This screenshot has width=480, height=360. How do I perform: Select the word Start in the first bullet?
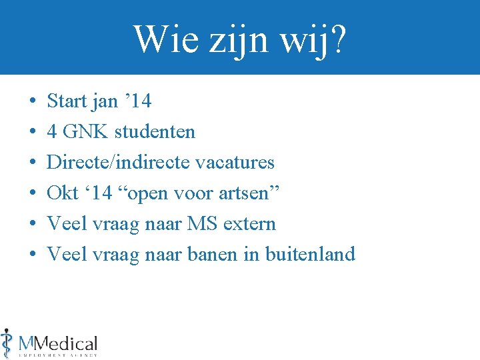pyautogui.click(x=67, y=101)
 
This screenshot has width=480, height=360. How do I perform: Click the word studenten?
pyautogui.click(x=155, y=132)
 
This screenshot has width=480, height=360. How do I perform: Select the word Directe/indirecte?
pyautogui.click(x=113, y=163)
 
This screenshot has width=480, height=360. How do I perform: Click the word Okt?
pyautogui.click(x=62, y=193)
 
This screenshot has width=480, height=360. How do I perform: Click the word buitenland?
pyautogui.click(x=310, y=254)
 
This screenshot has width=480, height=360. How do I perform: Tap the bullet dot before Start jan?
pyautogui.click(x=32, y=102)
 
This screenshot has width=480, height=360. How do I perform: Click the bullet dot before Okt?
pyautogui.click(x=32, y=194)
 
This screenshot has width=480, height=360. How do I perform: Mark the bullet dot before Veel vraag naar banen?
pyautogui.click(x=32, y=255)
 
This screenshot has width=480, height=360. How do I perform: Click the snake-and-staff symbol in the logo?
pyautogui.click(x=7, y=343)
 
